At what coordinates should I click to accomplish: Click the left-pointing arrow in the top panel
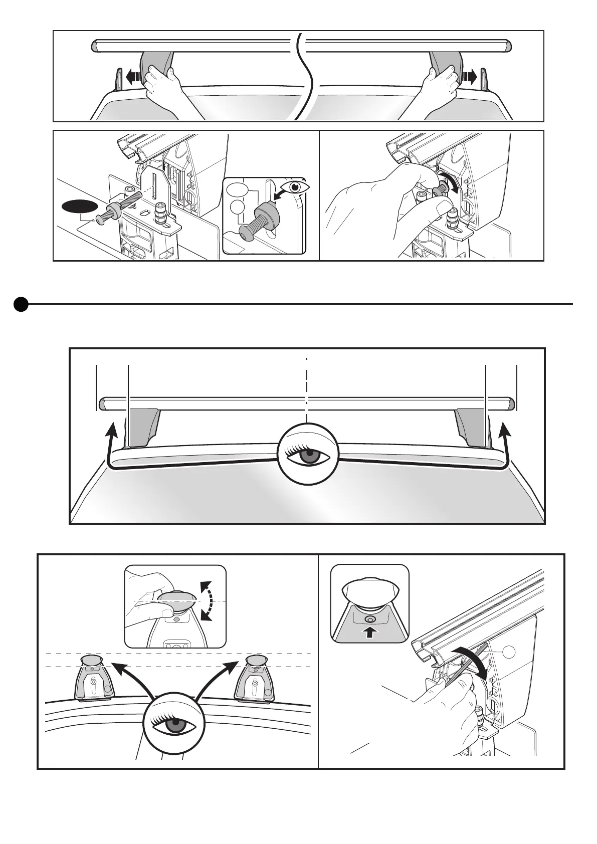pyautogui.click(x=133, y=77)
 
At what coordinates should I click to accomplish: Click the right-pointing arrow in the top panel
pyautogui.click(x=469, y=77)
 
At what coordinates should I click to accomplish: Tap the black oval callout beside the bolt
pyautogui.click(x=79, y=206)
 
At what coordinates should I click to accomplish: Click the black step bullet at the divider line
pyautogui.click(x=21, y=304)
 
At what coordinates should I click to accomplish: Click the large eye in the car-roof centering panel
pyautogui.click(x=308, y=454)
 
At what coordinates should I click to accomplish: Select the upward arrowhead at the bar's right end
pyautogui.click(x=504, y=429)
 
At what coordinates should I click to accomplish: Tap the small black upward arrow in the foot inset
pyautogui.click(x=369, y=632)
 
